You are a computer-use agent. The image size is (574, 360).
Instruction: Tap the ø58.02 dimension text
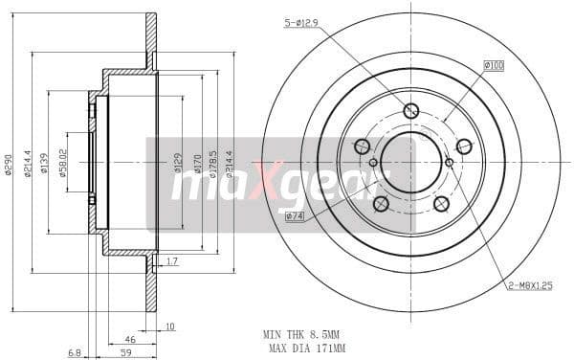(62, 163)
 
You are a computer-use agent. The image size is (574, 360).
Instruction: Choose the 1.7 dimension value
(172, 261)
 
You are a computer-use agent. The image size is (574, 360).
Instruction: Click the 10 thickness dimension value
(170, 327)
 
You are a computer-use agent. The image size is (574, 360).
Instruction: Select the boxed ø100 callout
(494, 65)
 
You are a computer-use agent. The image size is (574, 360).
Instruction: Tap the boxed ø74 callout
(295, 216)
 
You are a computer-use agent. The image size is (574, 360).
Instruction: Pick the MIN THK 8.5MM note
(302, 335)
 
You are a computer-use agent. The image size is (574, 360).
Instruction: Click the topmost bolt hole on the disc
(411, 111)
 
